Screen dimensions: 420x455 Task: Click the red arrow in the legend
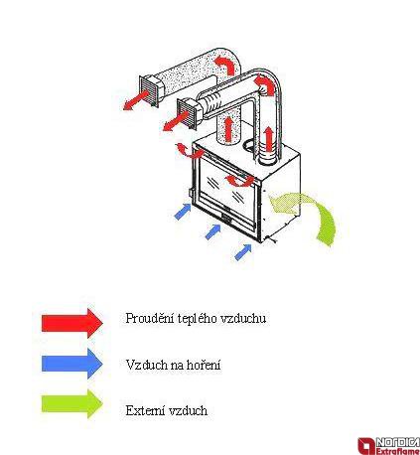72,322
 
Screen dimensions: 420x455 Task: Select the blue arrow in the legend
72,364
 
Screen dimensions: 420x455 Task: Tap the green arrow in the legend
72,404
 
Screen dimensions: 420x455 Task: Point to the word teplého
197,319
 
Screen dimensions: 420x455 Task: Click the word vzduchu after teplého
243,318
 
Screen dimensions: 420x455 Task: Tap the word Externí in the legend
146,410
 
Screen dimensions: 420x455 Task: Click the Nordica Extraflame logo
388,445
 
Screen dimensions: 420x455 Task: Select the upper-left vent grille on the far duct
149,91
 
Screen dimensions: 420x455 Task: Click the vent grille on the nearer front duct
188,114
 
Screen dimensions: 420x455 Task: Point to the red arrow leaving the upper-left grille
136,100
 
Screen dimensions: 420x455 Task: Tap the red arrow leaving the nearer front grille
176,121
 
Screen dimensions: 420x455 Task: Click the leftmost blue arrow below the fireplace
183,212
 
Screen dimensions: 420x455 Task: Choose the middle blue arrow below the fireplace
213,231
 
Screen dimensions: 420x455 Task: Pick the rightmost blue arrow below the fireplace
243,252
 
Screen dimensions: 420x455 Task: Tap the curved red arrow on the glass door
239,181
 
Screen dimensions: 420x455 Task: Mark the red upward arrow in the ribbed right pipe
270,138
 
